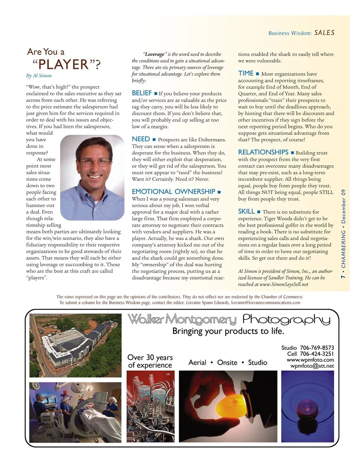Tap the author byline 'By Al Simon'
(x=39, y=75)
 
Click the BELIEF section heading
(x=142, y=93)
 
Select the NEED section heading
(x=141, y=139)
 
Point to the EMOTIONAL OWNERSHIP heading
(x=173, y=191)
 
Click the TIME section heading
(x=246, y=74)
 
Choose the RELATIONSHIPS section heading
(x=263, y=152)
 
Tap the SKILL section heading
(x=246, y=211)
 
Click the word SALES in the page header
(x=324, y=33)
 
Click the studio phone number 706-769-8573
(x=316, y=348)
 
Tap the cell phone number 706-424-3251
(x=316, y=354)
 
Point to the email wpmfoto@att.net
(x=312, y=366)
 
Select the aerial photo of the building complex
(x=75, y=345)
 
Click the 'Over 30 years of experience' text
(x=150, y=361)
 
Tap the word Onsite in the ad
(x=227, y=363)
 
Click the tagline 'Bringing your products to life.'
(x=228, y=331)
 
